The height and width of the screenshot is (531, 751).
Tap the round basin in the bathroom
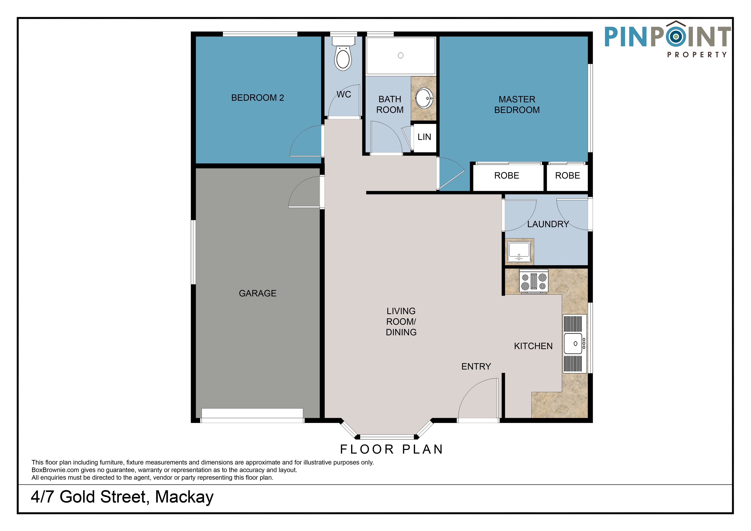424,98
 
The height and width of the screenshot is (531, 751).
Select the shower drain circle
400,56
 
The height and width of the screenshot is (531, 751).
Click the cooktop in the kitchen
533,281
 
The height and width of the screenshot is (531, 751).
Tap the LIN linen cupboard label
424,137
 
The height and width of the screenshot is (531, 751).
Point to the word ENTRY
476,367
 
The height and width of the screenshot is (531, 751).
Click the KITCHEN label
533,346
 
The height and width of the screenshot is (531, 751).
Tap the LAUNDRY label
548,224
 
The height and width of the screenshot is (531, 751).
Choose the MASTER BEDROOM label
517,105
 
